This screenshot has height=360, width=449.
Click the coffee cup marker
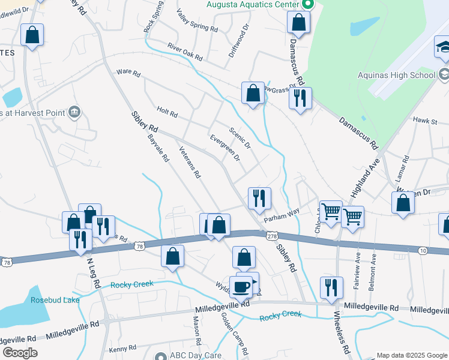pyautogui.click(x=241, y=287)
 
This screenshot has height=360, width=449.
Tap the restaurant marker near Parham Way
pyautogui.click(x=259, y=198)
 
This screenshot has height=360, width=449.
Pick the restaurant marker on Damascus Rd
pyautogui.click(x=300, y=98)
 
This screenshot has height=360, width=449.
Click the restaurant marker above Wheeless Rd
pyautogui.click(x=331, y=287)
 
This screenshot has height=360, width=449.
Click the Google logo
pyautogui.click(x=20, y=353)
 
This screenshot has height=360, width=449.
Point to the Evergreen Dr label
pyautogui.click(x=225, y=148)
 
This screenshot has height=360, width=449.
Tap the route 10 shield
pyautogui.click(x=422, y=250)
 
